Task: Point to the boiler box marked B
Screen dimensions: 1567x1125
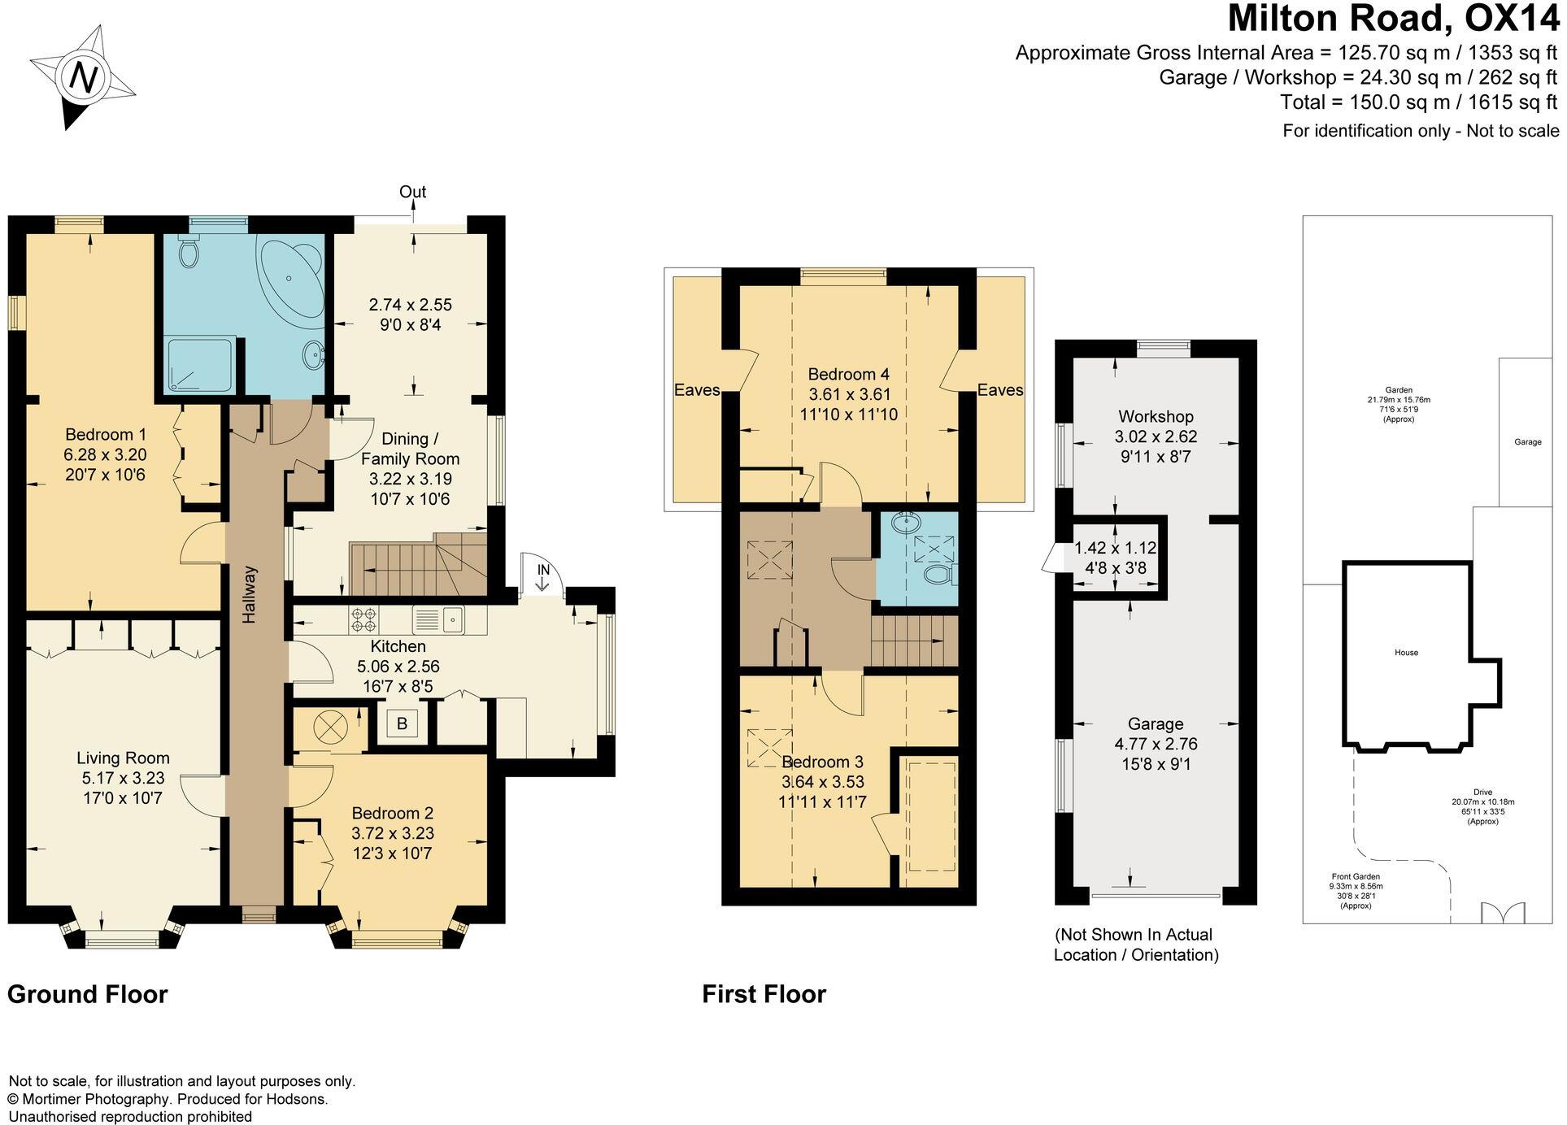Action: point(402,723)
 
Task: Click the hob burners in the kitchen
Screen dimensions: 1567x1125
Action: point(364,621)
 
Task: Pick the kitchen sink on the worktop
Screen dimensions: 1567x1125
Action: point(438,620)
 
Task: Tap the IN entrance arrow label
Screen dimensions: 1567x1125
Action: point(543,570)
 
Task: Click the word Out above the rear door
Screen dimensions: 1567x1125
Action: point(413,192)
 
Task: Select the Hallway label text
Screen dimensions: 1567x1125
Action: point(250,594)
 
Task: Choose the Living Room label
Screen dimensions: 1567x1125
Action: point(124,758)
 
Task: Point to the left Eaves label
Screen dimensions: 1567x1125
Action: point(697,390)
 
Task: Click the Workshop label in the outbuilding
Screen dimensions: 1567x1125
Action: point(1156,417)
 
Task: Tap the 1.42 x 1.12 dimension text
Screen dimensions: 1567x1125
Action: point(1116,549)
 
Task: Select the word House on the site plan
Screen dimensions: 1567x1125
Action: point(1406,653)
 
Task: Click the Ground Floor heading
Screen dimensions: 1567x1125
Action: point(88,994)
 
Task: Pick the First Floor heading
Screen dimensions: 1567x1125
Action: point(764,994)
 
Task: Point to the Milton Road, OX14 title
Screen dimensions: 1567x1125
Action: point(1394,18)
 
